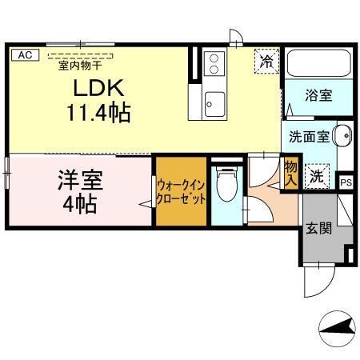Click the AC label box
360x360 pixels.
point(24,54)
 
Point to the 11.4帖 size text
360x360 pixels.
point(98,112)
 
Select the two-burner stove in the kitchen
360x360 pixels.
point(214,62)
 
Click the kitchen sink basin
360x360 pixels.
point(214,102)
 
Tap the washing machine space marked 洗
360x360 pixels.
point(318,175)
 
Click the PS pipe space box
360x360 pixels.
point(345,182)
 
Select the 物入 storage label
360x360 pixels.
point(291,174)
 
